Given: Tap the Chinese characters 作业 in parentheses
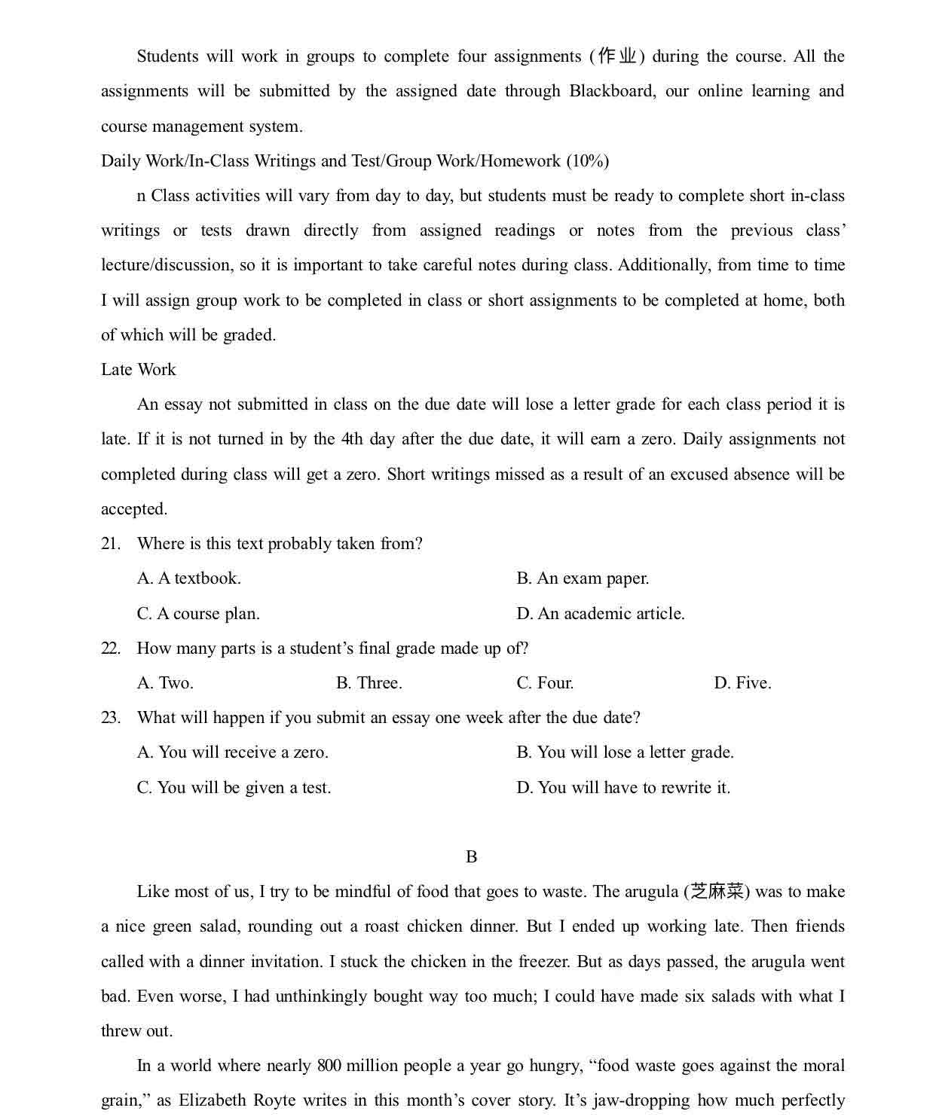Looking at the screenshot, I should (617, 56).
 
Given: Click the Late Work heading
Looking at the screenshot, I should (139, 369).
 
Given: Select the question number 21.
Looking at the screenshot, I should (111, 543).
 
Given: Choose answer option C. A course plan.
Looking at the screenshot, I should (198, 613).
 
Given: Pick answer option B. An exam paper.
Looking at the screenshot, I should (583, 578).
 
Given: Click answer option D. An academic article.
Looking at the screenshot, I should (601, 613).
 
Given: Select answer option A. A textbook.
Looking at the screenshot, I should (189, 578).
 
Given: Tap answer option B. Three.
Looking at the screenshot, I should (369, 682).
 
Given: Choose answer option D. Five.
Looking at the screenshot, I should (742, 682).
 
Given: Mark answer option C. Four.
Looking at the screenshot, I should (545, 682).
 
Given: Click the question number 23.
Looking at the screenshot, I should (111, 717).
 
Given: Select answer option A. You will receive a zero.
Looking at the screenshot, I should (233, 752).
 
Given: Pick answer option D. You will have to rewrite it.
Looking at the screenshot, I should (623, 787).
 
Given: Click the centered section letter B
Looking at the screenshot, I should (472, 856).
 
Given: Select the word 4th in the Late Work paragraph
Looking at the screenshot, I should (351, 439).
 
